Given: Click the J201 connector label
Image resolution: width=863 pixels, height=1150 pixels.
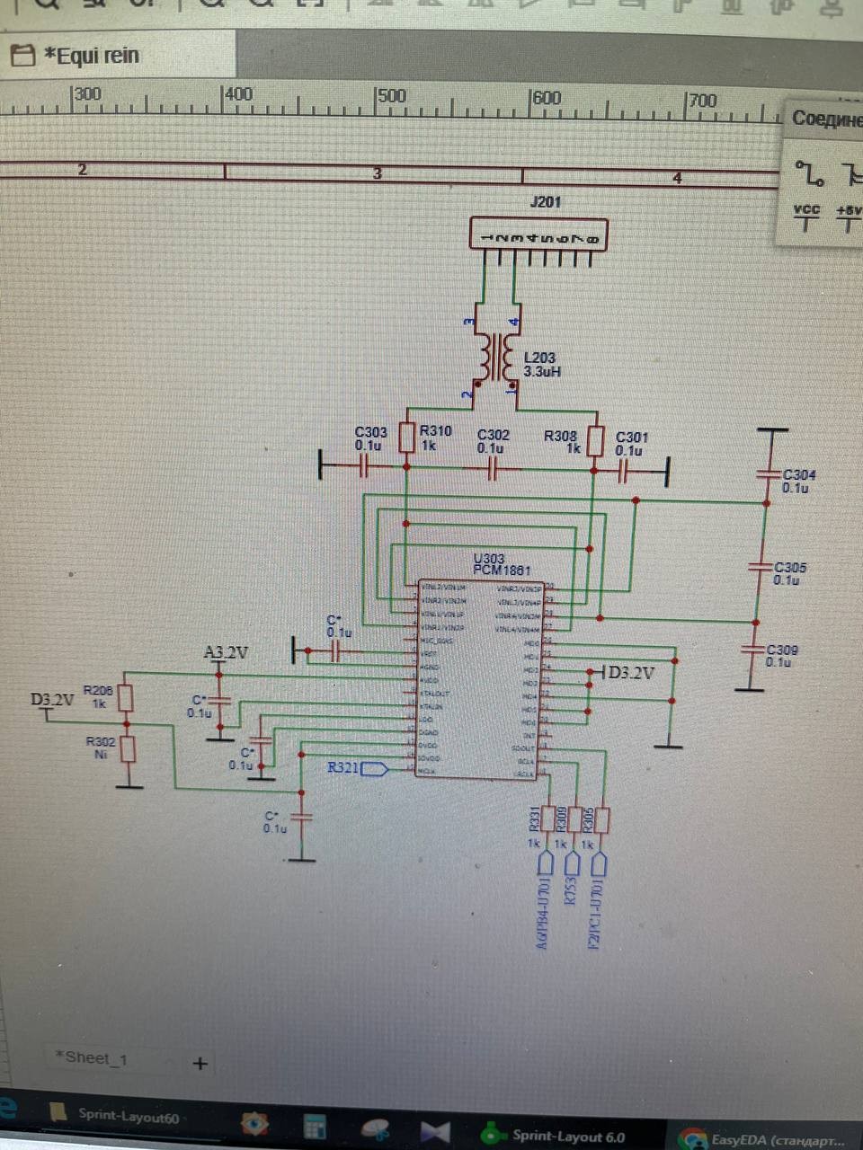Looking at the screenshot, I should point(546,201).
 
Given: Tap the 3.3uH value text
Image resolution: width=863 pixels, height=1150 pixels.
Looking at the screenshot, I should point(542,371).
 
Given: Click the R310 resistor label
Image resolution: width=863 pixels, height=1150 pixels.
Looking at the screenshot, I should point(435,431).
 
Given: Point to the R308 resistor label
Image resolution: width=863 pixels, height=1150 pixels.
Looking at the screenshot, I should point(560,436).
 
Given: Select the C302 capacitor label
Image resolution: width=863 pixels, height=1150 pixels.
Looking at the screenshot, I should point(494,435).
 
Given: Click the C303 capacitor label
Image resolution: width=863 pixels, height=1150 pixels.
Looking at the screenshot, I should point(370,432).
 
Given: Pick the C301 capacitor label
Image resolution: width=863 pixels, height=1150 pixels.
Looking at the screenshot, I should point(632,438).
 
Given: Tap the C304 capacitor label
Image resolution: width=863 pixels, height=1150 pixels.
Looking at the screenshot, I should point(799,475).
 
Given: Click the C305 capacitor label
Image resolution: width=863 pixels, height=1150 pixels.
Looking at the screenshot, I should point(790,568).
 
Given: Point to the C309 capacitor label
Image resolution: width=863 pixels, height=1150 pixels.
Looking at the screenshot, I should point(781,650).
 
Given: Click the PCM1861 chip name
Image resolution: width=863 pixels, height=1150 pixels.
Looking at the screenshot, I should point(502,571).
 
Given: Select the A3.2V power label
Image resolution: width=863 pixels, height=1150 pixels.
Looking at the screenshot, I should point(227,652).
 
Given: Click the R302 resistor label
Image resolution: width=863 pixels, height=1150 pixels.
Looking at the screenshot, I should point(100,742).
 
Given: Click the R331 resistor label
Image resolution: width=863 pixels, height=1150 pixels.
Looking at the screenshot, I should point(535,818).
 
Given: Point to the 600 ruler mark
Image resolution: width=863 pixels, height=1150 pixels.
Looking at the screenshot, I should point(547,97).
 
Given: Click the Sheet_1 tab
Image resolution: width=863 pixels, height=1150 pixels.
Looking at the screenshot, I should point(92,1058).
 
